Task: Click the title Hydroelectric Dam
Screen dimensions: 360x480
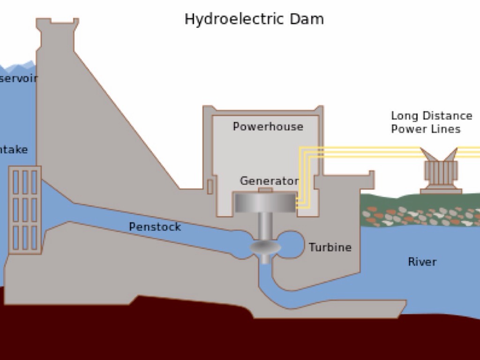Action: click(x=254, y=19)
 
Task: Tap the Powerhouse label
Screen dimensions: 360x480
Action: click(x=268, y=127)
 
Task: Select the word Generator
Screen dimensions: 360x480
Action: click(x=269, y=181)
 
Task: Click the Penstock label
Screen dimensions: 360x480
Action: click(x=155, y=227)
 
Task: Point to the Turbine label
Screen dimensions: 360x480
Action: click(x=330, y=247)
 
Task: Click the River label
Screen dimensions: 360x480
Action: click(x=422, y=262)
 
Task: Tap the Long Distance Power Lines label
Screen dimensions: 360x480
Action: click(x=431, y=122)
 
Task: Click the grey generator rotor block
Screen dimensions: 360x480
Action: click(x=265, y=202)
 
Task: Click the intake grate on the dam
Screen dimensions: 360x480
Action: click(x=25, y=210)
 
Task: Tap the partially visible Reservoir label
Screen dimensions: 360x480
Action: click(x=18, y=78)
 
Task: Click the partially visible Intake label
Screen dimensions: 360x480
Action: click(x=14, y=150)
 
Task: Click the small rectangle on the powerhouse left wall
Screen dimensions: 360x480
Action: click(x=210, y=187)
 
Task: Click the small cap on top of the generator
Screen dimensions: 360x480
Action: click(x=265, y=190)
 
